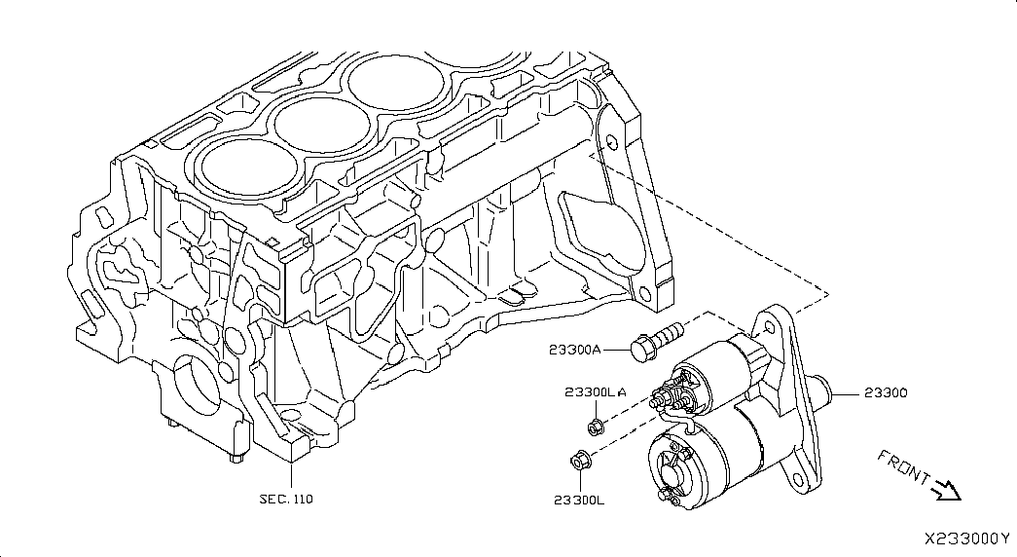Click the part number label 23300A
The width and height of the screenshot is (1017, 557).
click(575, 350)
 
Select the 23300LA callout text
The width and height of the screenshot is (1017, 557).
click(596, 392)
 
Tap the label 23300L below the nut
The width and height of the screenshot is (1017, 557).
click(579, 500)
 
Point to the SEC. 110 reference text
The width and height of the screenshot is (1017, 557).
click(286, 499)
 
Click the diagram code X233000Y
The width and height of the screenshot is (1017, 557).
click(967, 538)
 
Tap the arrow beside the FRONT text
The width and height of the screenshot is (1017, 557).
click(946, 490)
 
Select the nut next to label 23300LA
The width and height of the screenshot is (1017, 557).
click(596, 427)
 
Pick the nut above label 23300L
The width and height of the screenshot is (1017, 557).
click(578, 461)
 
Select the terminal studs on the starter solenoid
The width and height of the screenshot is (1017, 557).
click(672, 393)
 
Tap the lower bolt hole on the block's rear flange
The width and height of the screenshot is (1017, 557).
click(644, 293)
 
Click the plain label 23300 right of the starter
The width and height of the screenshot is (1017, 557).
click(886, 392)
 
